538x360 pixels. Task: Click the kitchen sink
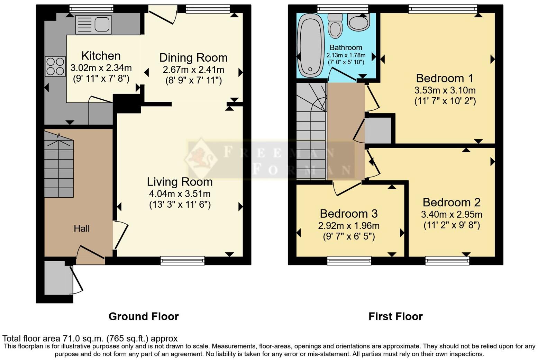[93, 25]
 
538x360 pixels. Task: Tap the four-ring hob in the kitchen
[55, 66]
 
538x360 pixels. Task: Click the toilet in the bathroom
[335, 26]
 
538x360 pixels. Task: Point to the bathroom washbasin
[358, 22]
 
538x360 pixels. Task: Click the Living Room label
[180, 182]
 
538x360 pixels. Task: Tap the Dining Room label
[193, 58]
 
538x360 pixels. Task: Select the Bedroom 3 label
[349, 214]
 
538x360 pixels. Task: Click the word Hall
[82, 228]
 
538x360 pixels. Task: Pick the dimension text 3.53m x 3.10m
[445, 91]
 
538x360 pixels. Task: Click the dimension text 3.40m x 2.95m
[452, 214]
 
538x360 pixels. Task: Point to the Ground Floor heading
[144, 317]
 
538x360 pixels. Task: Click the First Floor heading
[395, 317]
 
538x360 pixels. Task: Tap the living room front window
[183, 261]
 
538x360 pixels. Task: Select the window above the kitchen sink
[91, 9]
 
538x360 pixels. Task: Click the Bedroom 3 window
[349, 261]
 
